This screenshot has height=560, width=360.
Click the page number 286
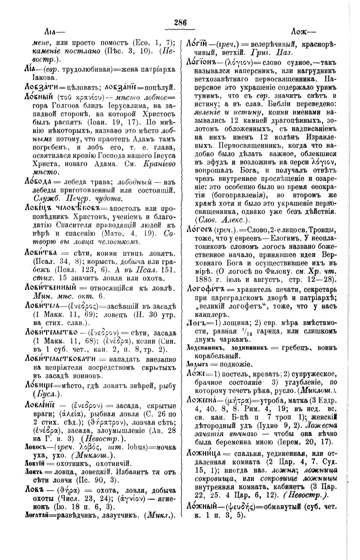(x=180, y=23)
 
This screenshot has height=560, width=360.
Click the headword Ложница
(x=204, y=453)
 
